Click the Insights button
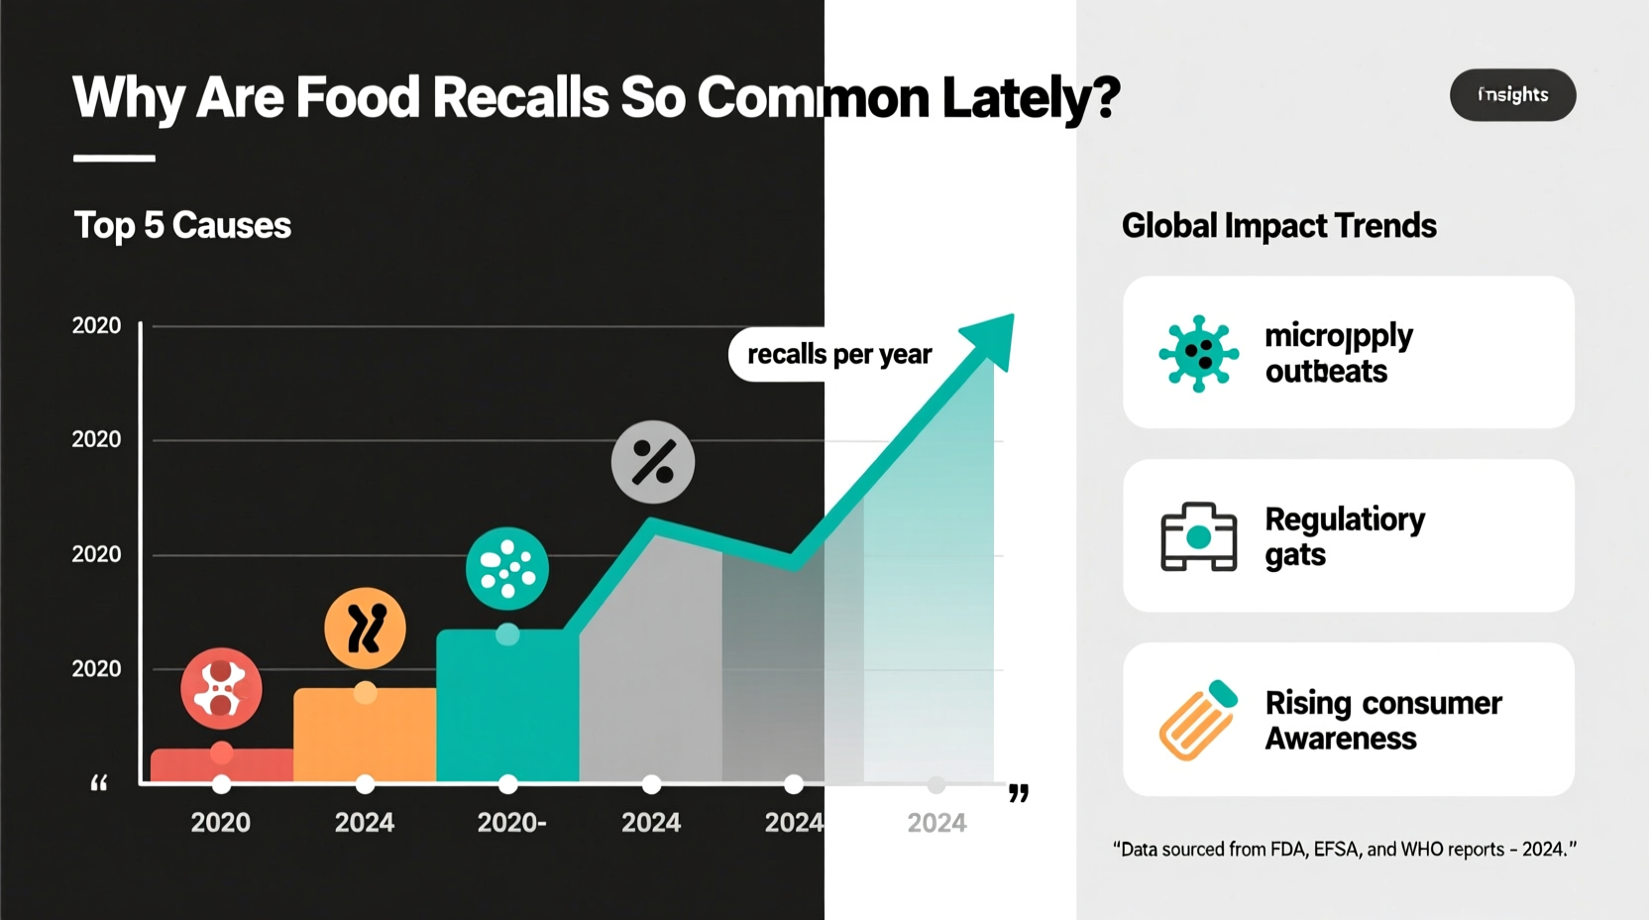coord(1512,95)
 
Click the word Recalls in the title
coord(519,97)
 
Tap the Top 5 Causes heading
coord(182,225)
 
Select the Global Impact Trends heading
coord(1278,225)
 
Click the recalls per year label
coord(838,354)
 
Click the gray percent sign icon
coord(652,462)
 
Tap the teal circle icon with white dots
coord(507,568)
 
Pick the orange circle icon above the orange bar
coord(365,629)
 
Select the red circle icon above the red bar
coord(221,688)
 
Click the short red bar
coord(222,765)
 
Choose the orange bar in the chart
coord(365,734)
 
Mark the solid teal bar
coord(507,706)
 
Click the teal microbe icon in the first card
coord(1198,354)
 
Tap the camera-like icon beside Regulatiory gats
coord(1198,536)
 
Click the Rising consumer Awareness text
coord(1382,720)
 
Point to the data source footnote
coord(1344,849)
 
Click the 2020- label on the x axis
coord(511,822)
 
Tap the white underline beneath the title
coord(114,158)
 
